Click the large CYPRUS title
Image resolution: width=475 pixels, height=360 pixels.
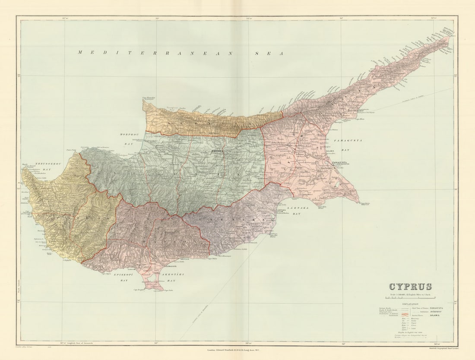coord(410,287)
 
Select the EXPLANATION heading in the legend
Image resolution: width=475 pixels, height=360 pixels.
coord(410,304)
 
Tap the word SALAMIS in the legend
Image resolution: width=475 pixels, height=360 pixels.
coord(437,316)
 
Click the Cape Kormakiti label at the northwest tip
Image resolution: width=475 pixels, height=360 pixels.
coord(148,99)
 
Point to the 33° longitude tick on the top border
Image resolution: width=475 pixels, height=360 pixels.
coord(157,18)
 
